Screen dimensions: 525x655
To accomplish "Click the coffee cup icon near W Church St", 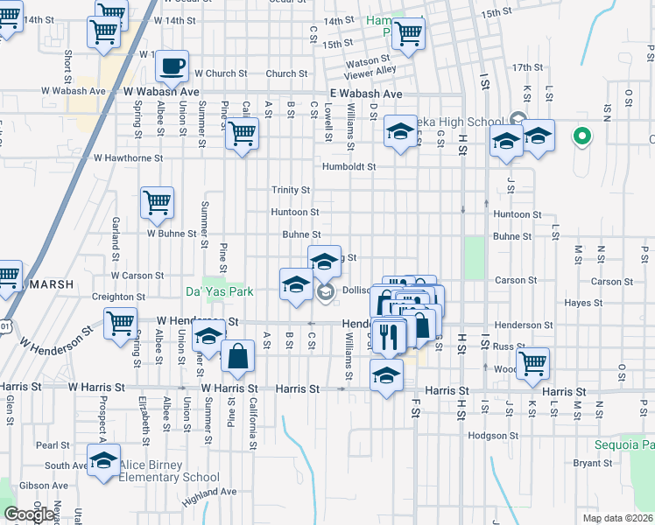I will tap(173, 65).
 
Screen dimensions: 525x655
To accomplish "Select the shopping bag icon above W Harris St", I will tap(237, 356).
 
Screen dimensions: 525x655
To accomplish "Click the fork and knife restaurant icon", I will tap(389, 334).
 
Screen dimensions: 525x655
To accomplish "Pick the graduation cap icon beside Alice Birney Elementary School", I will tap(104, 460).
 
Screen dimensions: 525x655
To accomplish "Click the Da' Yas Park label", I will tap(219, 291).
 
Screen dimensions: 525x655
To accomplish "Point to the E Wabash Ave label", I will tap(366, 94).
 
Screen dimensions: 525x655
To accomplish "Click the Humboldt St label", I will tap(349, 166).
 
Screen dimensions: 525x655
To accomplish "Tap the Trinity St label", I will tap(291, 190).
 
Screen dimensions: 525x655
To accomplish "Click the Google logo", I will tap(29, 514).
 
